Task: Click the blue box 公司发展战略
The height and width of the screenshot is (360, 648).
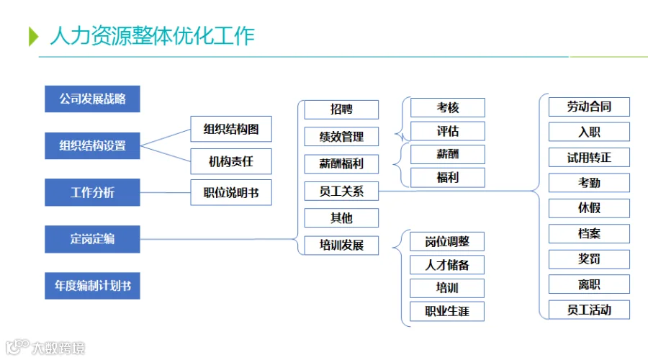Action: [x=92, y=99]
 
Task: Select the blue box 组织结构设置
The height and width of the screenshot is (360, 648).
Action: [x=92, y=145]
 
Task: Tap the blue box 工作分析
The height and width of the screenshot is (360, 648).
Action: [x=92, y=192]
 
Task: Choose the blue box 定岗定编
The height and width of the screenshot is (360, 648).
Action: [x=92, y=239]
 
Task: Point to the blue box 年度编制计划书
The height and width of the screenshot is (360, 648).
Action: [x=92, y=286]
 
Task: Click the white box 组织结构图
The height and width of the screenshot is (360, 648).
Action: [x=231, y=129]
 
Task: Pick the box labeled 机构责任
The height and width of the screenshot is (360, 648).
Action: [x=231, y=161]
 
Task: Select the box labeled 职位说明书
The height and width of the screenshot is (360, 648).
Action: [x=231, y=192]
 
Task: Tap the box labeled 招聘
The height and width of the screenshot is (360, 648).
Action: [x=341, y=109]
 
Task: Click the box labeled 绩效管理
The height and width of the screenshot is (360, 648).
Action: [x=341, y=136]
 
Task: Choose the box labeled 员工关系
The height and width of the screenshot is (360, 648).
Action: [x=341, y=191]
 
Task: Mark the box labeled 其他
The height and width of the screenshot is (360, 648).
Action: [x=341, y=218]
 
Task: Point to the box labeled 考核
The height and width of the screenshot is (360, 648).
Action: [x=448, y=107]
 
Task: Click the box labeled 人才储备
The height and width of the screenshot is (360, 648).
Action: [x=447, y=264]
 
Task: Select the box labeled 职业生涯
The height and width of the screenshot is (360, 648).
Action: [x=447, y=311]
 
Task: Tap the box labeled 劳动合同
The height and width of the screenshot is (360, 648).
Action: [x=589, y=107]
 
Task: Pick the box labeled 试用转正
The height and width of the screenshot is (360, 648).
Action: [x=589, y=158]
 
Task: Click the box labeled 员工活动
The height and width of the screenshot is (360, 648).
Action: [x=589, y=310]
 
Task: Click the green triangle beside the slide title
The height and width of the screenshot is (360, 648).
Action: [x=33, y=37]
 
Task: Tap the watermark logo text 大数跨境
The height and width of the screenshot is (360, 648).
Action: [x=58, y=348]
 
